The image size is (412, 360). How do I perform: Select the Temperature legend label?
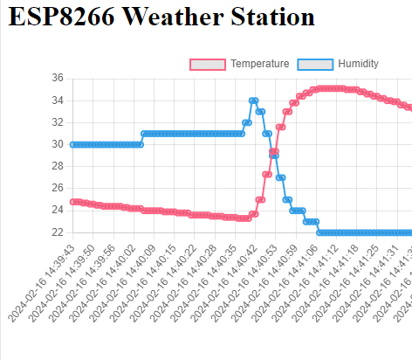259,65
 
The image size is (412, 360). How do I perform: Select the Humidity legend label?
358,65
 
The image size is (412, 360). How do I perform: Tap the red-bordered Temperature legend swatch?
209,65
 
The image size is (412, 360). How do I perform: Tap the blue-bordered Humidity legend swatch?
316,65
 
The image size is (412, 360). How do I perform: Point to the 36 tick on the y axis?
57,78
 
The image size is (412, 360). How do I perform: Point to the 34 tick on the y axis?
57,100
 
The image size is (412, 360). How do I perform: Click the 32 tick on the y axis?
57,122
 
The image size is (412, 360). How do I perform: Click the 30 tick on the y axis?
57,144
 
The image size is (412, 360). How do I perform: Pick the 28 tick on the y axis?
57,166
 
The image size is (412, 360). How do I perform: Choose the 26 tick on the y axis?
57,188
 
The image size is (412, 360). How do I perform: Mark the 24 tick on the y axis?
57,211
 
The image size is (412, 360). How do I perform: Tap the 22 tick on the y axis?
57,232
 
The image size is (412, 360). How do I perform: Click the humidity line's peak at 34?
253,100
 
